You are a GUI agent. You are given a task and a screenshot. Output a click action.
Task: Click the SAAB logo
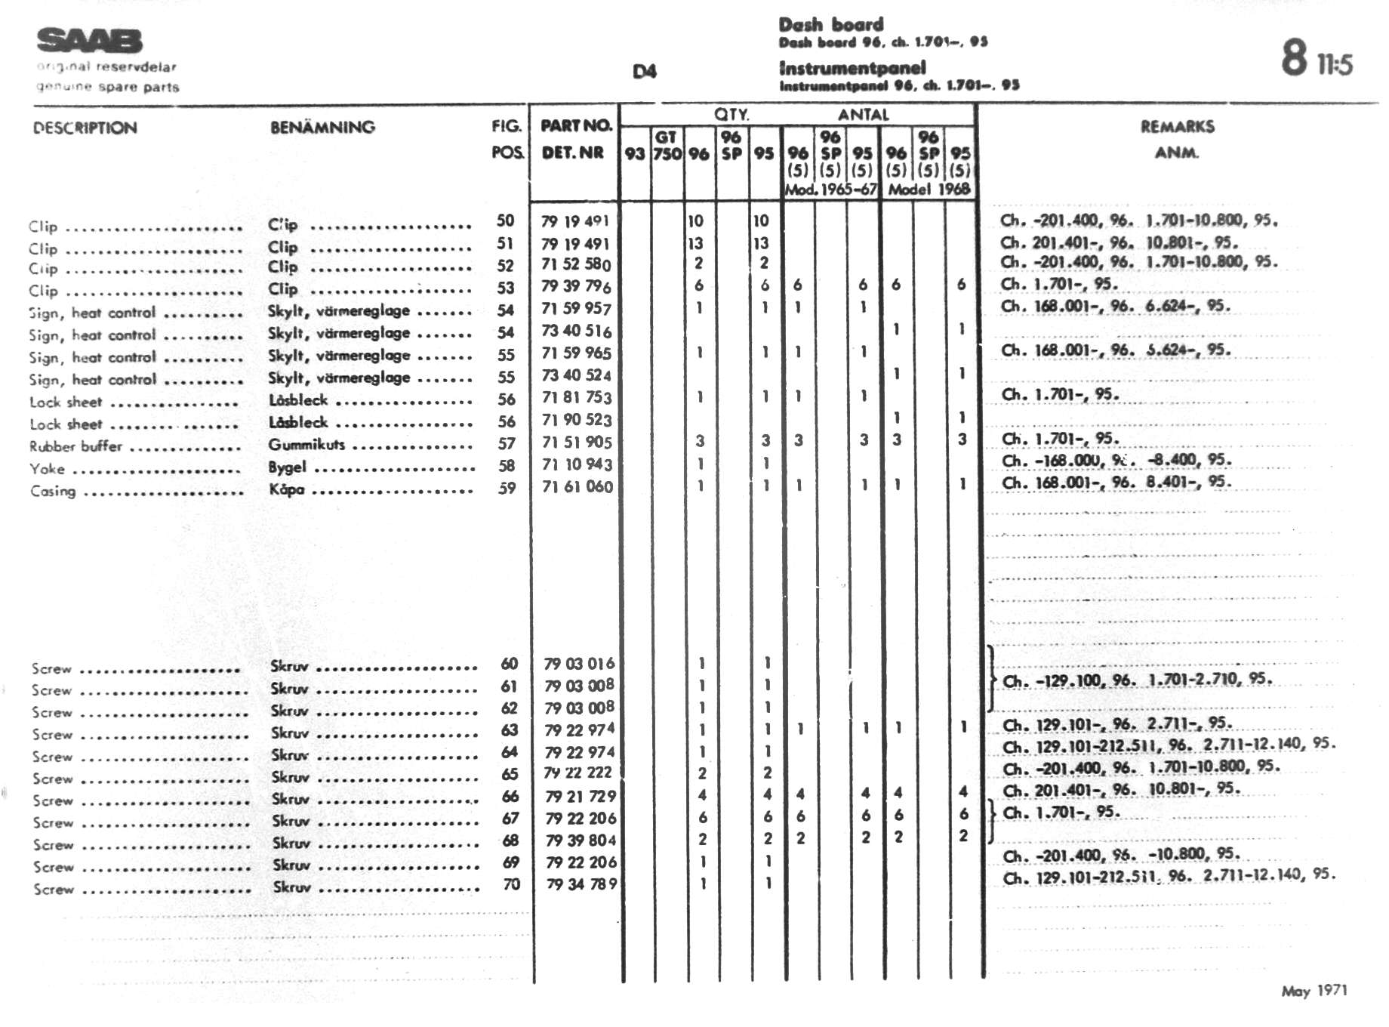(x=89, y=41)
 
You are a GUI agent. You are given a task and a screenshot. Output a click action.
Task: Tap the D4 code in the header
(x=644, y=72)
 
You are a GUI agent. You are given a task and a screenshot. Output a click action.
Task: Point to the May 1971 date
(x=1314, y=991)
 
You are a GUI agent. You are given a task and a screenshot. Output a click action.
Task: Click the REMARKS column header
(x=1177, y=127)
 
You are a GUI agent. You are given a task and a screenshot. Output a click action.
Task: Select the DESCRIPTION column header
(x=85, y=128)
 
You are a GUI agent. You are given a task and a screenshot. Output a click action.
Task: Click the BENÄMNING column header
(x=322, y=127)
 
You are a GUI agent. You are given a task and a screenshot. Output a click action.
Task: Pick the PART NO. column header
(x=575, y=125)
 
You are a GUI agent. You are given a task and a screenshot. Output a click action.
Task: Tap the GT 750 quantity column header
(x=667, y=145)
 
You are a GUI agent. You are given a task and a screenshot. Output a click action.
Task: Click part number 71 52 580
(x=576, y=264)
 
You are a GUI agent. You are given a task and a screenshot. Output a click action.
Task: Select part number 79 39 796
(x=576, y=286)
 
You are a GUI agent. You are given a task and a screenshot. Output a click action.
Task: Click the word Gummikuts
(x=306, y=445)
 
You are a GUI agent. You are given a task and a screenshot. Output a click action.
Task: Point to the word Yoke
(x=47, y=469)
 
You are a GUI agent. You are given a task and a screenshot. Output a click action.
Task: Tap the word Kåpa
(x=287, y=489)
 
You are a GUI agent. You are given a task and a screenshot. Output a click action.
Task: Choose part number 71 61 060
(x=577, y=486)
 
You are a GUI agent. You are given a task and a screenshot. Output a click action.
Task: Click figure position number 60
(x=510, y=664)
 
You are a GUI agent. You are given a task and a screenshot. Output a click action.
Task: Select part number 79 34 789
(x=581, y=884)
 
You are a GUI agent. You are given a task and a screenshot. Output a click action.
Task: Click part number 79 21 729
(x=581, y=796)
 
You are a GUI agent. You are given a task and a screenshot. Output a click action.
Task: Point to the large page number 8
(x=1294, y=58)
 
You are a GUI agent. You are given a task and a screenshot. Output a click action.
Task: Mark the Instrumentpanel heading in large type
(x=852, y=69)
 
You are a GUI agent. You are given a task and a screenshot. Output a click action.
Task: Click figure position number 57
(x=507, y=444)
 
